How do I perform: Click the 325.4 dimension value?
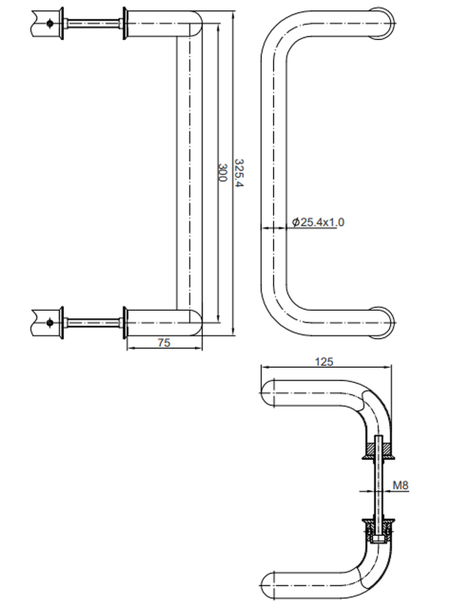pos(239,172)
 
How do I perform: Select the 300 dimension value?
pos(222,172)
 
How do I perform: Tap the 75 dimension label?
pos(164,342)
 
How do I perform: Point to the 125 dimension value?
pos(324,362)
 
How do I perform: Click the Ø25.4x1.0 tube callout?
pos(318,222)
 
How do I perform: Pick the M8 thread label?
pos(401,485)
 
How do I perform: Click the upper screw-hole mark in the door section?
pos(50,23)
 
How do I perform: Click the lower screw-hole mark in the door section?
pos(50,322)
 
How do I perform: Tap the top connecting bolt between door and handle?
pos(93,24)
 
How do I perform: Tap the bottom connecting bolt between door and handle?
pos(93,322)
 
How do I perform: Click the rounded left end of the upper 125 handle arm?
pos(267,393)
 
